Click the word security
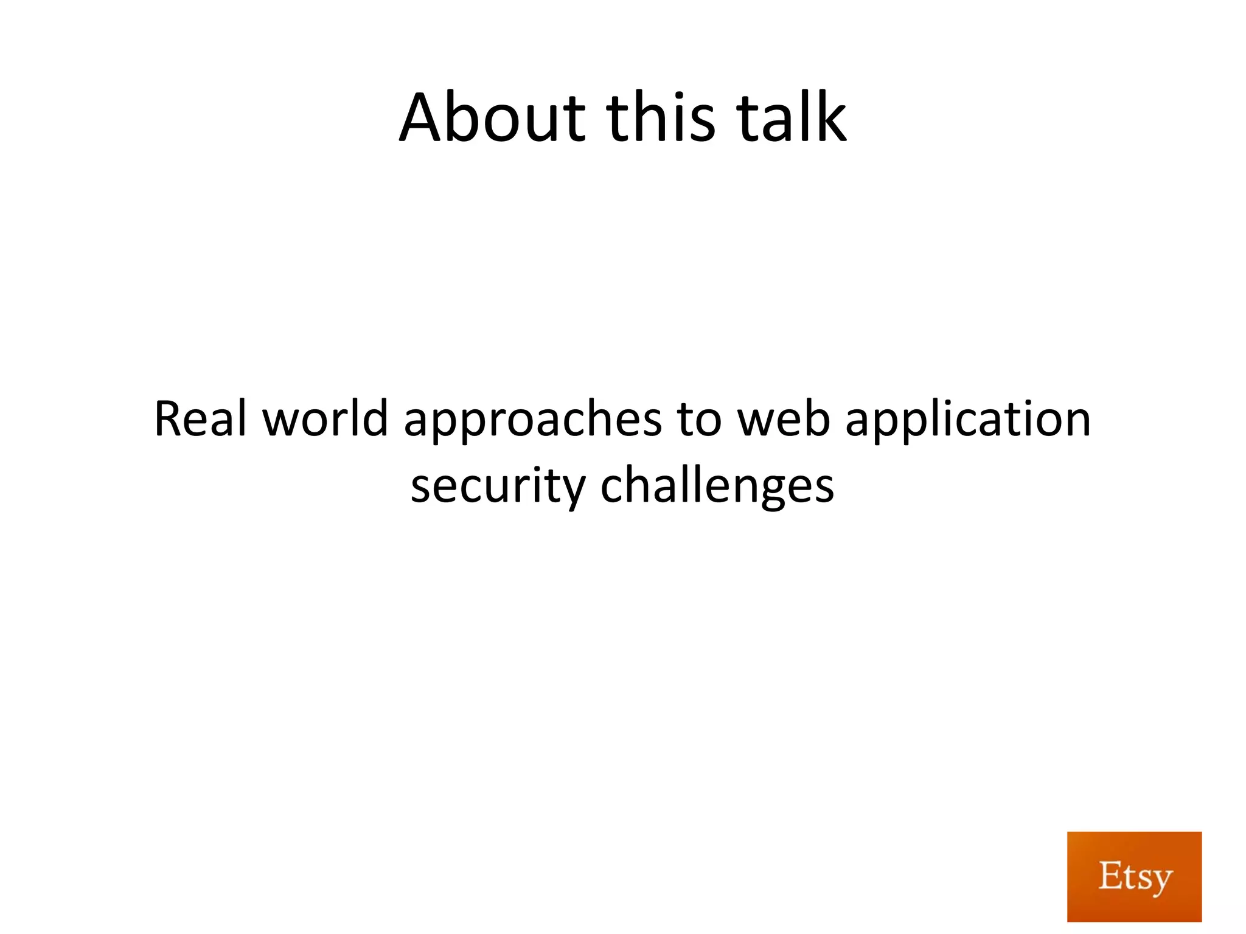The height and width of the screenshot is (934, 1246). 498,486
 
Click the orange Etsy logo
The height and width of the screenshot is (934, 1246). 1134,876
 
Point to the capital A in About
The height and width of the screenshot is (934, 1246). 424,118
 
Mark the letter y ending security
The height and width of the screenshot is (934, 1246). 573,490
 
